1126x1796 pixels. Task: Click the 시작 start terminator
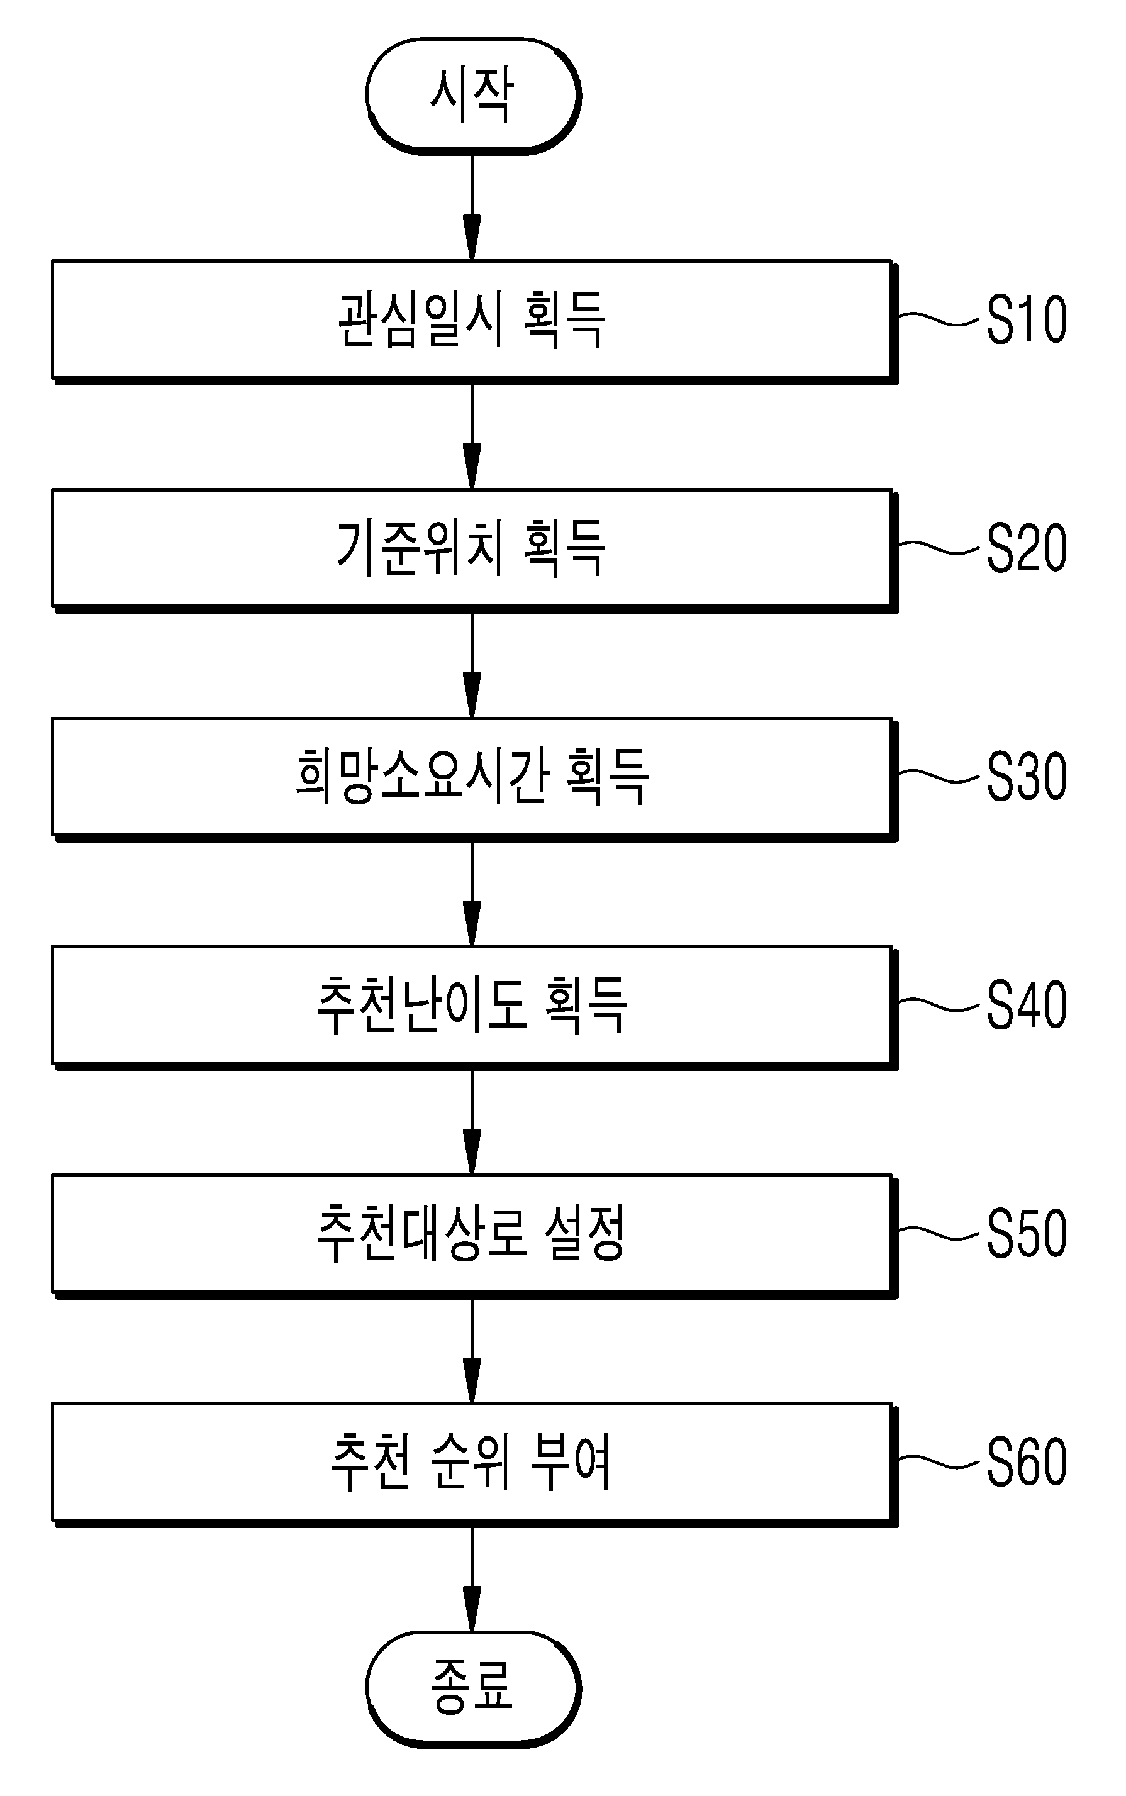(x=473, y=96)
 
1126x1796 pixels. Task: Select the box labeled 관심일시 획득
(x=474, y=321)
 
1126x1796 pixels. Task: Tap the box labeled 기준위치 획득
(x=474, y=551)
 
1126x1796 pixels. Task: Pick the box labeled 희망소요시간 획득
(x=474, y=779)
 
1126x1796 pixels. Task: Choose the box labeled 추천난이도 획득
(x=474, y=1008)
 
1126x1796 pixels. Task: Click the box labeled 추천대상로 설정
(x=474, y=1236)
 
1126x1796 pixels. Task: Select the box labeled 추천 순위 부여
(x=474, y=1465)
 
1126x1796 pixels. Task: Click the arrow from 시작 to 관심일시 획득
(x=472, y=207)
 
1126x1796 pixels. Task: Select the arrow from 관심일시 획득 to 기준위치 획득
(x=472, y=437)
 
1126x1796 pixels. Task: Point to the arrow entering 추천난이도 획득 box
(x=472, y=894)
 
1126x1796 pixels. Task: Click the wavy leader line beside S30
(x=939, y=776)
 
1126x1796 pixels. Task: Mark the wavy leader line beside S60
(x=939, y=1462)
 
